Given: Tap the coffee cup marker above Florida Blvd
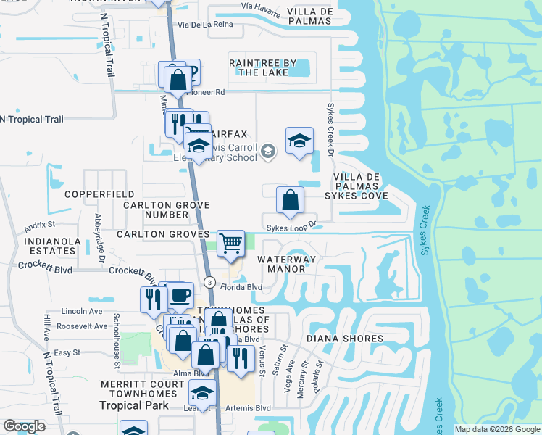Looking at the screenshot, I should (180, 296).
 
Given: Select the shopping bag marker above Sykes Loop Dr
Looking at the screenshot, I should (290, 200).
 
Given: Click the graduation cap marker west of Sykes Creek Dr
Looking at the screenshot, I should (299, 141).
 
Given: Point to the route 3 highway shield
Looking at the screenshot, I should (209, 281).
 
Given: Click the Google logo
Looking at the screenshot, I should (25, 426).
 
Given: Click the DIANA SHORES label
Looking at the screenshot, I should (344, 339).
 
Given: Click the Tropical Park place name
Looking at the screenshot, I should (134, 405).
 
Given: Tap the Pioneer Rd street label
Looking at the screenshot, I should (206, 93).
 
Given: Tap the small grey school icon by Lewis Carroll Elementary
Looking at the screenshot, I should (268, 151).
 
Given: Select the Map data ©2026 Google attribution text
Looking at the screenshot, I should (497, 429).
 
